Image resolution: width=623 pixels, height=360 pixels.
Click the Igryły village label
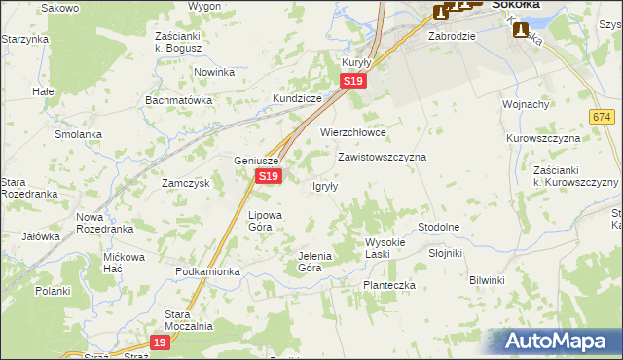click(x=324, y=187)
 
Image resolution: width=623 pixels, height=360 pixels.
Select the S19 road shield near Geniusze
click(x=270, y=176)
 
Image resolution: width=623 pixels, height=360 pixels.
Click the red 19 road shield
click(x=162, y=342)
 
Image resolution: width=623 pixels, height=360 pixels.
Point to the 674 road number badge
click(x=599, y=117)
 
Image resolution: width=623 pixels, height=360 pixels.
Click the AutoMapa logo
click(x=555, y=342)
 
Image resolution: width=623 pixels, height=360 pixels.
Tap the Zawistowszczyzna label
click(x=382, y=156)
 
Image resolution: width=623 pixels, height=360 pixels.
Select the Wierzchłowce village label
click(x=353, y=132)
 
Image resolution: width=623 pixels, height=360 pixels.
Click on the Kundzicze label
click(x=297, y=100)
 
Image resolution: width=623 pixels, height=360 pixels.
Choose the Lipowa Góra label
click(x=265, y=220)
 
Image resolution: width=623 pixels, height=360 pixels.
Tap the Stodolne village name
click(x=438, y=227)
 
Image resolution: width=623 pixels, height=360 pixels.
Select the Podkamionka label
click(x=207, y=271)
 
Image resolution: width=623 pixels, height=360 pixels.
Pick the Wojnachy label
click(x=526, y=104)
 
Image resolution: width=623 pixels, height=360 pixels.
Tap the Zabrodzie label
click(x=452, y=36)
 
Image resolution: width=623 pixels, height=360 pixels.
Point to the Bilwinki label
click(x=487, y=280)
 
